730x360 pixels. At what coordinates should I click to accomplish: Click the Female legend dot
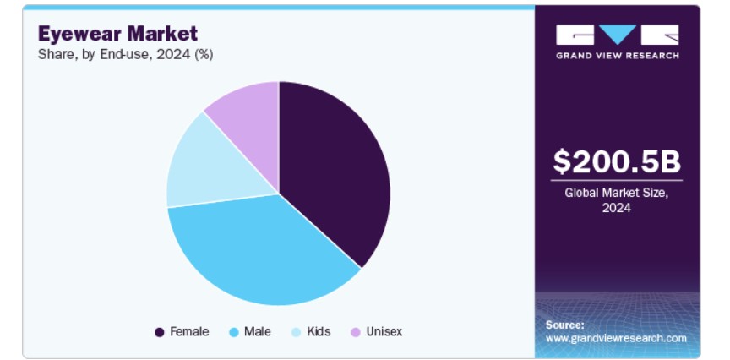pos(159,332)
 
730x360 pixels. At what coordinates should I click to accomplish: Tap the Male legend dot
pos(234,332)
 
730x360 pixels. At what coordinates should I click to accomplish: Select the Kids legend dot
pos(297,332)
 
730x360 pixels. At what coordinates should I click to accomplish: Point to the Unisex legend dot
pos(356,332)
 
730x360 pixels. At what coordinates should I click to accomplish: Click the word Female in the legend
pos(189,331)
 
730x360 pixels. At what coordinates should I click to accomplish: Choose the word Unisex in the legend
pos(384,331)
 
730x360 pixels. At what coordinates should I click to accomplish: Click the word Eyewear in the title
pos(79,34)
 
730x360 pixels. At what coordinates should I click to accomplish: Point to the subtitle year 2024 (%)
pos(185,55)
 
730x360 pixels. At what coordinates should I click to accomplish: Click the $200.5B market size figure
pos(617,161)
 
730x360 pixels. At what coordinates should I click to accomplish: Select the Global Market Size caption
pos(617,199)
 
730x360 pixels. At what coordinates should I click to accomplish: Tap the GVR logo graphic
pos(618,35)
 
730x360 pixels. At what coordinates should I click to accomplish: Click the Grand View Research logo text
pos(618,56)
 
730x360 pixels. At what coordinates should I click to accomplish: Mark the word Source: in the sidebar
pos(564,325)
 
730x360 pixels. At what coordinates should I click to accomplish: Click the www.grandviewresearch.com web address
pos(616,338)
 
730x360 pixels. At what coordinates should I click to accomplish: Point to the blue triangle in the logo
pos(618,34)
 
